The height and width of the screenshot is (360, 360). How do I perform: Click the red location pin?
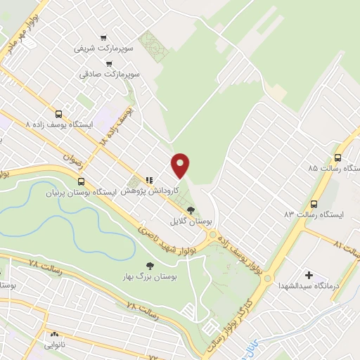coord(181,165)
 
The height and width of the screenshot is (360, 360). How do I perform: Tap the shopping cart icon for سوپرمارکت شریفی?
coord(104,38)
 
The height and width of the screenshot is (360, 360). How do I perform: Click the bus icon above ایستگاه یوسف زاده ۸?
coord(58,113)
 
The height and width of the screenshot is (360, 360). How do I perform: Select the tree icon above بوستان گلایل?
coord(191,210)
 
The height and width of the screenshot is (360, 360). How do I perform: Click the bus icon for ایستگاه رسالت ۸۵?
coord(338,157)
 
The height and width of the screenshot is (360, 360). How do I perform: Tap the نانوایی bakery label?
coord(54,345)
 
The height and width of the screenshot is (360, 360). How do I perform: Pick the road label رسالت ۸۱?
coord(347,247)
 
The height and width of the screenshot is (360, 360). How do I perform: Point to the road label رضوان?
coord(72,164)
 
